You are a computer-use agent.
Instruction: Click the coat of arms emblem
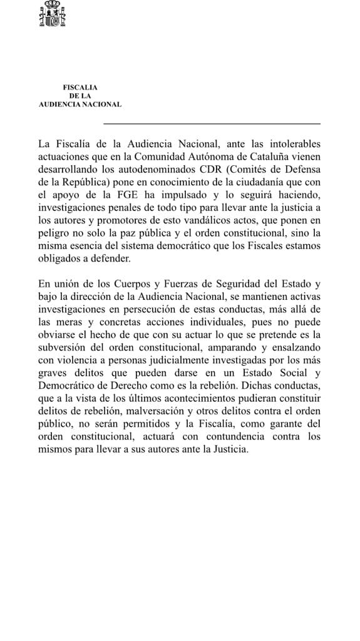point(53,15)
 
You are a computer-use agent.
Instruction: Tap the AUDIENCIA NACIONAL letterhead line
point(80,105)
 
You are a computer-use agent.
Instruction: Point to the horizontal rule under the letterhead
point(211,123)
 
